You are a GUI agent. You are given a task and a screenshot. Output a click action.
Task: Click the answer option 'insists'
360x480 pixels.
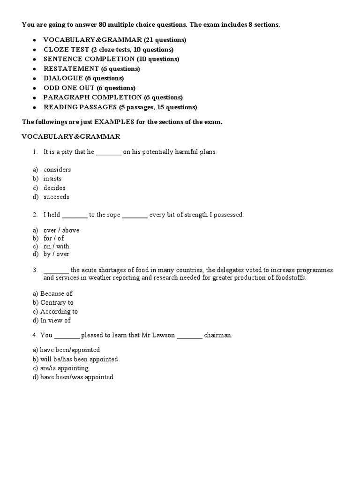[52, 179]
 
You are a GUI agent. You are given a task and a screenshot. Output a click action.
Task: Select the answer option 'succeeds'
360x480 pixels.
[56, 197]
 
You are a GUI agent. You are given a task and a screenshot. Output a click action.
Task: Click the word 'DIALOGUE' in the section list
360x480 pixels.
[63, 78]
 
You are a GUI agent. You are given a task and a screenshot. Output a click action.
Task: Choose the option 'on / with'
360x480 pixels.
[56, 246]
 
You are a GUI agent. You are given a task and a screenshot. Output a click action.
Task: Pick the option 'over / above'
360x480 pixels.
[61, 230]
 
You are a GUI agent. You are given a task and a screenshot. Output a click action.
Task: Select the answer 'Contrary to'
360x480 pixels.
[57, 302]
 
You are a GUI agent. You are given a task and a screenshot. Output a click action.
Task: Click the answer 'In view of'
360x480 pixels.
[55, 321]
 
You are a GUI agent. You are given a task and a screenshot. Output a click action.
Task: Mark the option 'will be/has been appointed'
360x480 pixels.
[79, 359]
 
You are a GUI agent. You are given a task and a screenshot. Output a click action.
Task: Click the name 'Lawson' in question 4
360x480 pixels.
[165, 335]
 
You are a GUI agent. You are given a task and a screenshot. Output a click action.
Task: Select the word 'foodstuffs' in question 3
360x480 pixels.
[291, 277]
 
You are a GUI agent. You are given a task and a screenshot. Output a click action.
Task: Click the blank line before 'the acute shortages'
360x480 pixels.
[56, 271]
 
